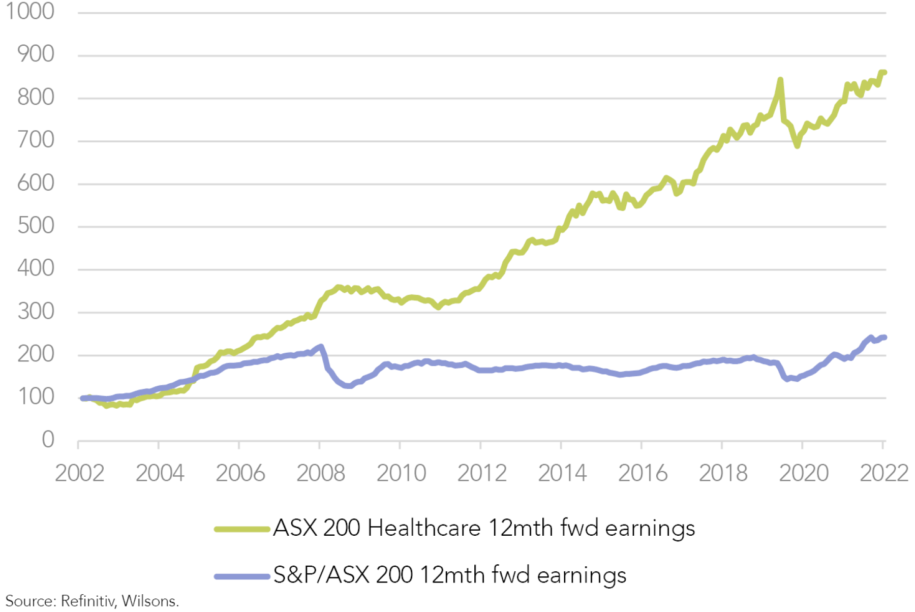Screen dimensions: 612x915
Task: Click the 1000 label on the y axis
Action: click(30, 11)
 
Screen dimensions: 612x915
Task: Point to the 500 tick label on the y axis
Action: click(36, 226)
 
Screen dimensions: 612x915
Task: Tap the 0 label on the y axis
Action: click(48, 440)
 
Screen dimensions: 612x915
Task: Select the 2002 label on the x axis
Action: click(79, 473)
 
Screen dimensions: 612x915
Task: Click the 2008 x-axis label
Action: click(321, 473)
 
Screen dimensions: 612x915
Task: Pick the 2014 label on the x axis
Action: click(562, 473)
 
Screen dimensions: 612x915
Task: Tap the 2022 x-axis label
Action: click(883, 473)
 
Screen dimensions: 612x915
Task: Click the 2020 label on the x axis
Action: click(804, 473)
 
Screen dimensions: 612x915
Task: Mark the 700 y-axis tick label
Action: click(36, 140)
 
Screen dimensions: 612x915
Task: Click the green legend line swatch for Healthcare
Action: click(242, 529)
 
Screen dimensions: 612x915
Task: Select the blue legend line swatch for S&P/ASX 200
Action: click(242, 576)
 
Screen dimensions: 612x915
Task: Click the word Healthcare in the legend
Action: click(424, 528)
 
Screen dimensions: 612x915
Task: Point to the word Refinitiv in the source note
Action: click(88, 601)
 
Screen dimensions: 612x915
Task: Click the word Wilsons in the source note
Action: click(149, 601)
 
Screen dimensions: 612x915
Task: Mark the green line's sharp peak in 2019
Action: click(780, 80)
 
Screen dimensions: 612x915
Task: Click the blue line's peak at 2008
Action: click(320, 347)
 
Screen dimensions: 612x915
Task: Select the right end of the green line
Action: click(884, 72)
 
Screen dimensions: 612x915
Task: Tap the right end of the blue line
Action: click(884, 338)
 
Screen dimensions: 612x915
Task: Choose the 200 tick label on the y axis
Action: click(36, 354)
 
